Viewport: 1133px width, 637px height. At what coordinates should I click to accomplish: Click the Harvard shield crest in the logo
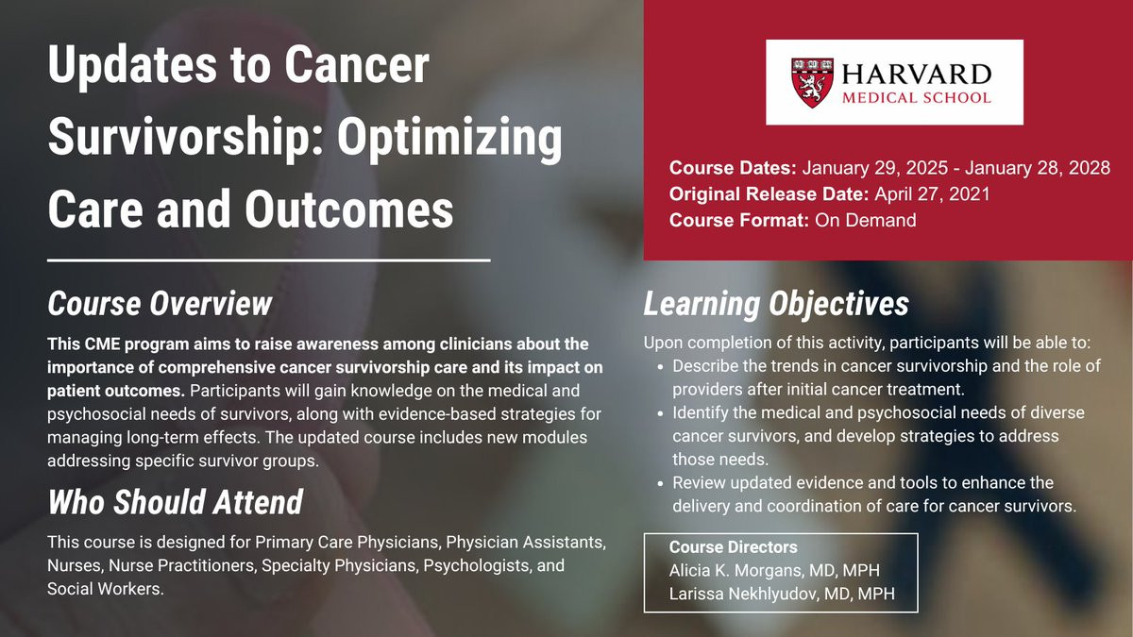coord(812,83)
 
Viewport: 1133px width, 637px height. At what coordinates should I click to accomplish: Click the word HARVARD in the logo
coord(916,75)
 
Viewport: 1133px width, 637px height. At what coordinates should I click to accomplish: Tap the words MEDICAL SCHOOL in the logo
coord(916,97)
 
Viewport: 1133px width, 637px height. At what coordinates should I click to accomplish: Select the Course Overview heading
coord(160,303)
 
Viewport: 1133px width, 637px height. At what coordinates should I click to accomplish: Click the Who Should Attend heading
coord(176,502)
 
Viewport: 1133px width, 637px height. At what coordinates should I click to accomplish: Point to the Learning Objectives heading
coord(776,304)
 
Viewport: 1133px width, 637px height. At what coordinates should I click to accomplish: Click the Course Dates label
coord(733,168)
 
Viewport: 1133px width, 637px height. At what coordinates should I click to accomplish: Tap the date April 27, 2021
coord(932,194)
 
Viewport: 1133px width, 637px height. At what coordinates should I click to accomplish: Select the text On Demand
coord(866,221)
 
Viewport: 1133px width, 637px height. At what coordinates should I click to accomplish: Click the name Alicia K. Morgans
coord(736,570)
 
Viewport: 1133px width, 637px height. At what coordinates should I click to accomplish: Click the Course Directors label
coord(733,547)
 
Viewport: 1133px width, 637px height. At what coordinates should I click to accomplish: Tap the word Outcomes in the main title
coord(349,210)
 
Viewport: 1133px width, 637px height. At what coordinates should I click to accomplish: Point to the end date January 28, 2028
coord(1038,168)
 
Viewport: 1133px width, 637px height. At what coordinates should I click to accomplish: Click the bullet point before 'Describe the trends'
coord(660,367)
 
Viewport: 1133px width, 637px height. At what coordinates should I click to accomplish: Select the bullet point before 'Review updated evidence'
coord(660,484)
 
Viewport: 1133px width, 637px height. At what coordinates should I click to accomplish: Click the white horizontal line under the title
coord(269,260)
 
